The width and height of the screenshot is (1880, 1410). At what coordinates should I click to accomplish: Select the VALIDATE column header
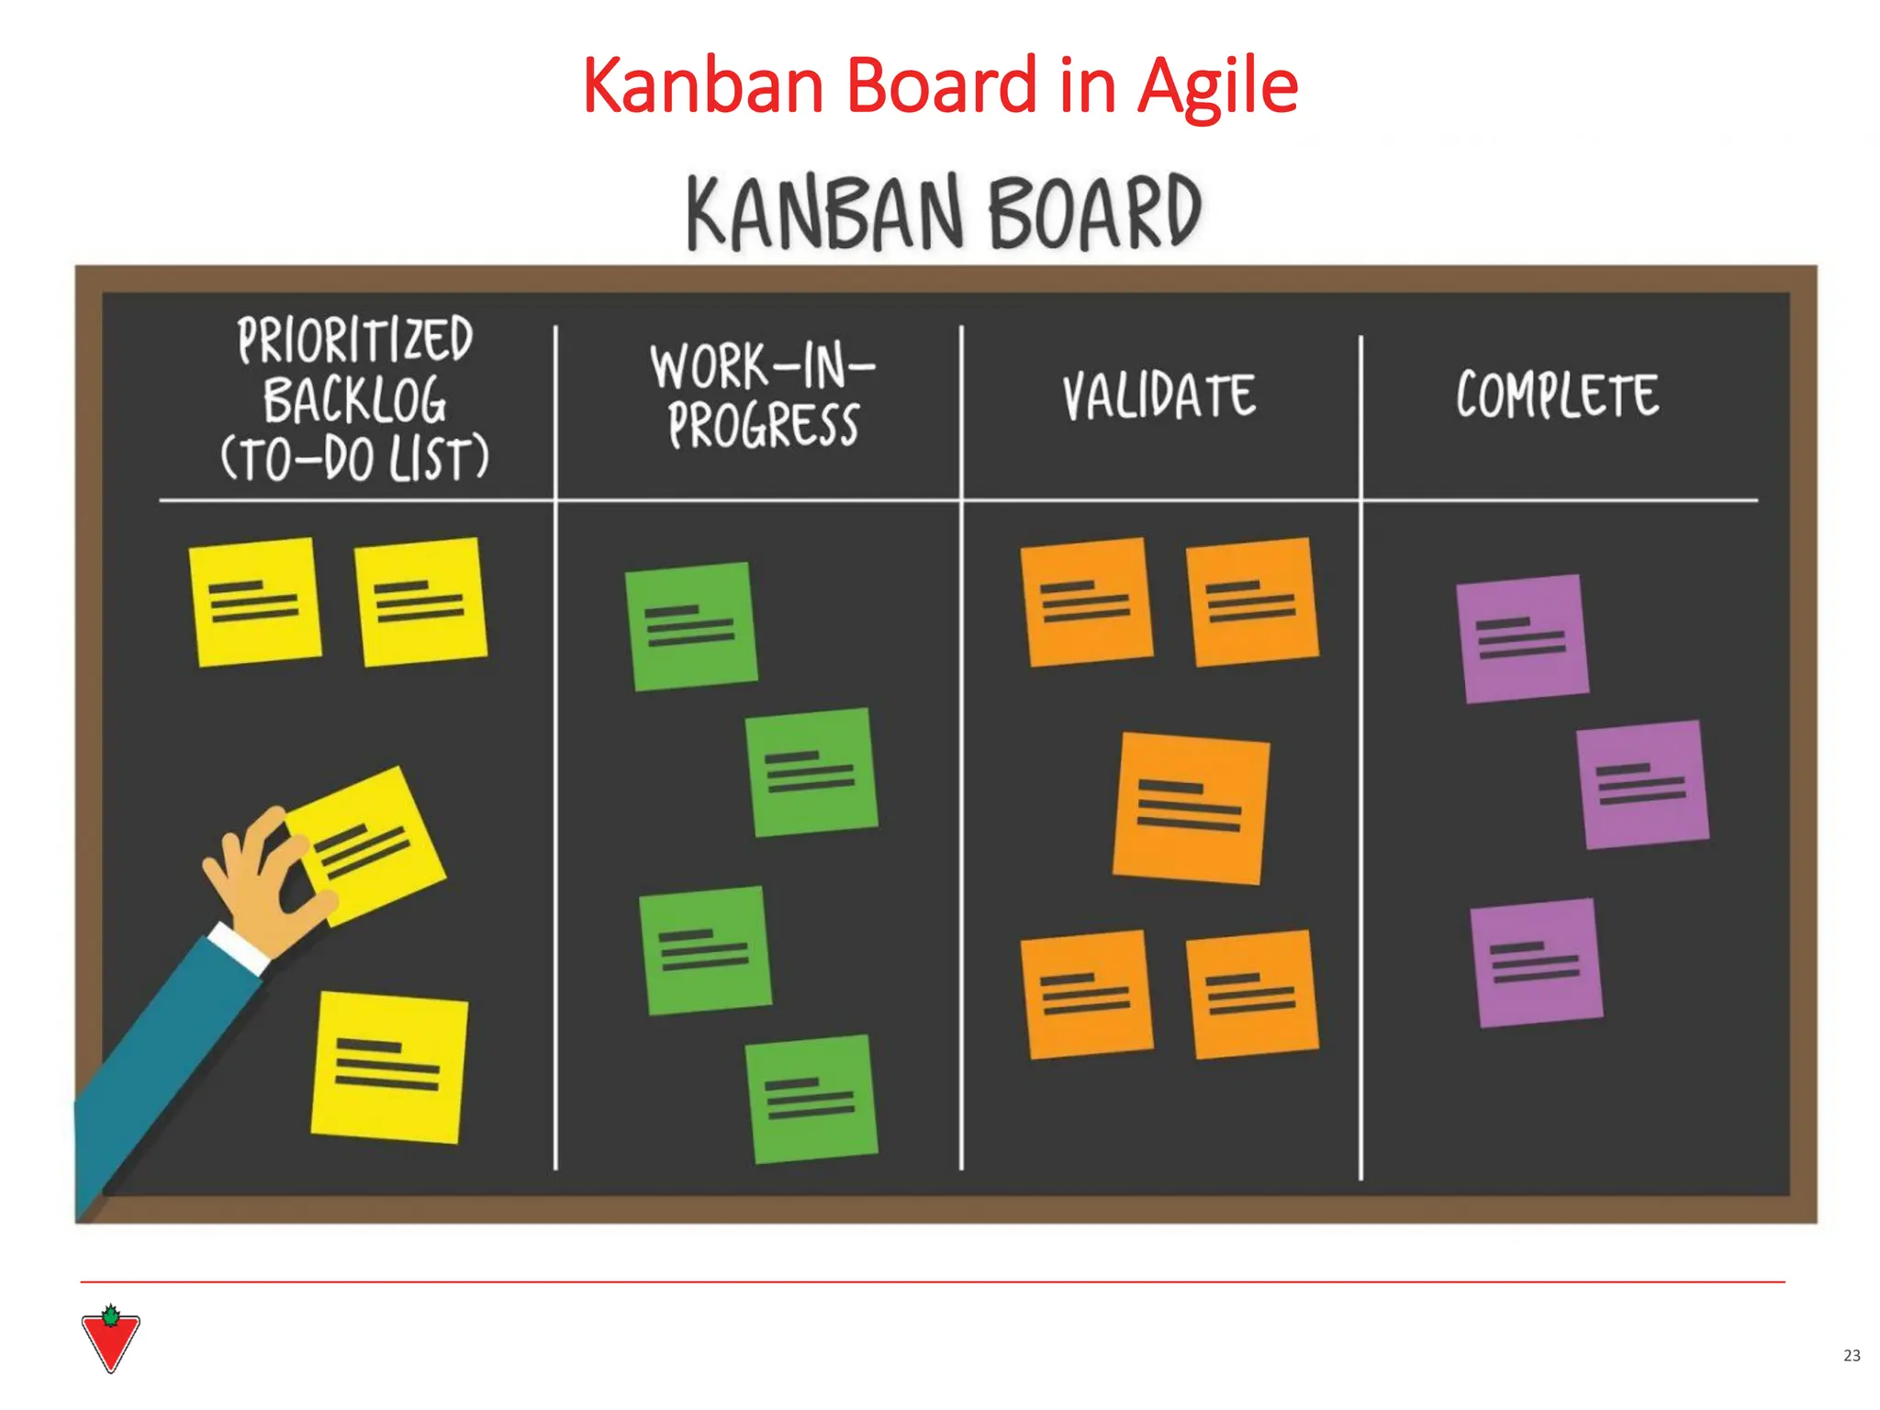point(1159,397)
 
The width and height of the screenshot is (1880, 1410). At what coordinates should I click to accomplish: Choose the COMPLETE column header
point(1558,395)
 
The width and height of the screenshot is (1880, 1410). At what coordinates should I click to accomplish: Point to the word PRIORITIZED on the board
point(355,340)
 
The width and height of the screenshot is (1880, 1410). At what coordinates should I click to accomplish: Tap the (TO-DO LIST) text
point(355,459)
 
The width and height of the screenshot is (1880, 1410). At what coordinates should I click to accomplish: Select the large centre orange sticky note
point(1191,808)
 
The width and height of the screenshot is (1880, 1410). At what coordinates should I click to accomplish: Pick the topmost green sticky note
point(691,626)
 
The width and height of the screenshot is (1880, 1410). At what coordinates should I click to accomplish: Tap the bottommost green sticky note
point(811,1099)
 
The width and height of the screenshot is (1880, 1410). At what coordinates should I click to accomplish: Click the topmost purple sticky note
point(1522,638)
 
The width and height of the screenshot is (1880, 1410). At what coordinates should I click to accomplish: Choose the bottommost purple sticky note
point(1536,962)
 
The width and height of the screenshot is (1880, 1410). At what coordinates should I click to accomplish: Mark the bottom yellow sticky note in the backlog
point(388,1067)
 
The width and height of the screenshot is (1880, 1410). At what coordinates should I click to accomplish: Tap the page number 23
point(1852,1355)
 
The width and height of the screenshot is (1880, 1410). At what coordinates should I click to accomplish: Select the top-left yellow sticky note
point(254,601)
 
